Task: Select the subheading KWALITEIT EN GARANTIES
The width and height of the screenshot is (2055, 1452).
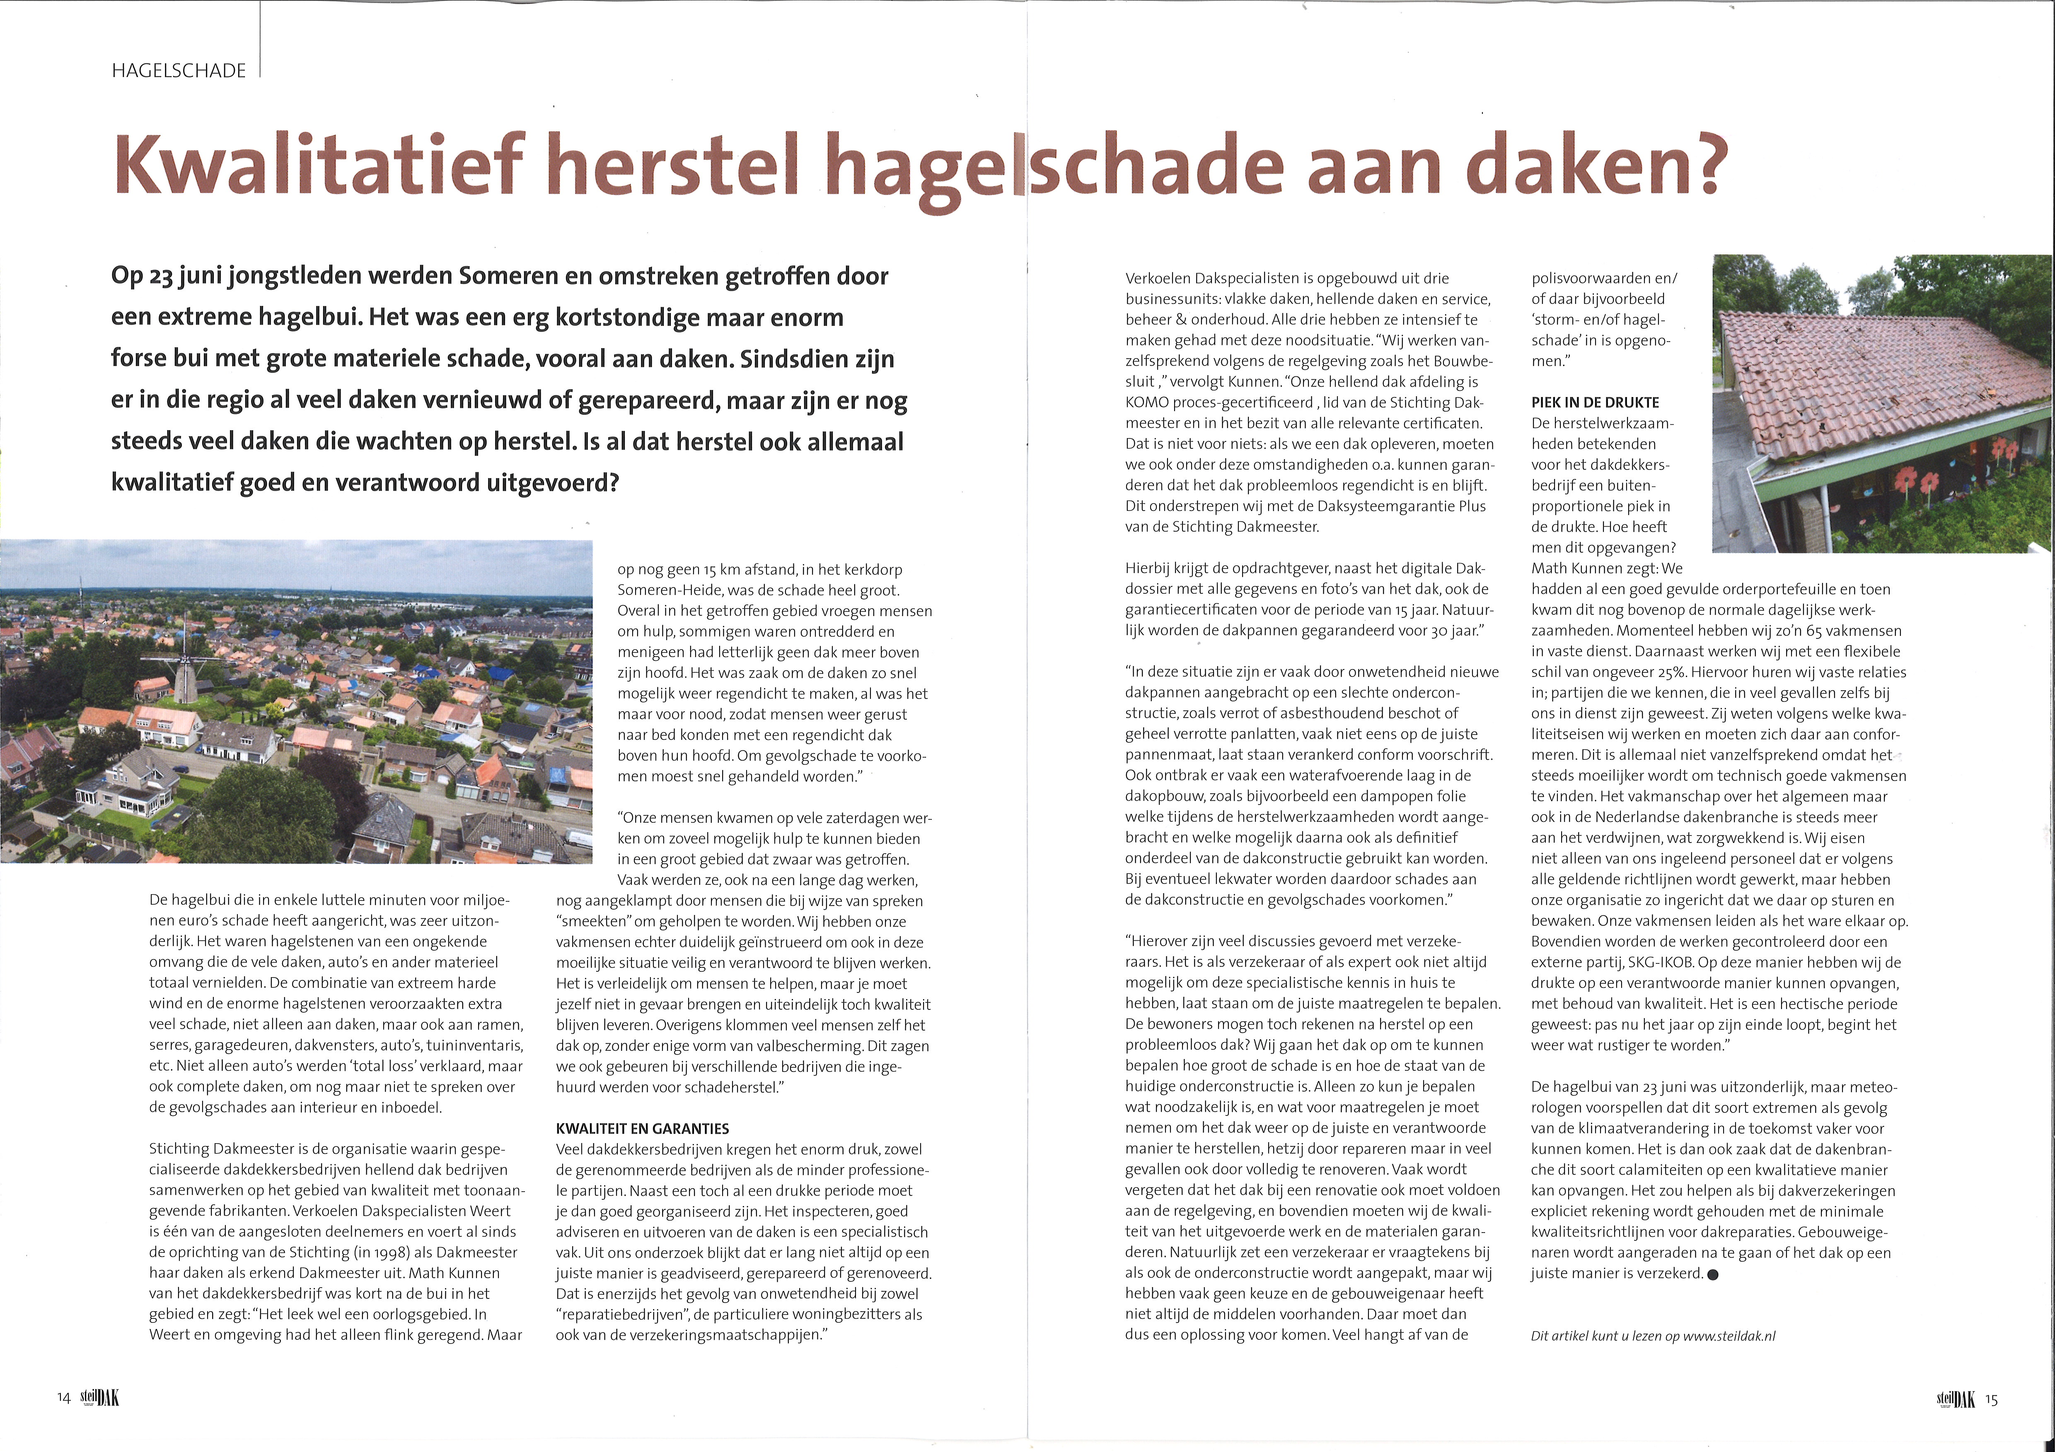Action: [643, 1129]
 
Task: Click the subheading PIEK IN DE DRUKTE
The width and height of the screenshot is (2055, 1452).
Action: [1595, 402]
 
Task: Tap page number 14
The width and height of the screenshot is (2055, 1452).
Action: [63, 1398]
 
